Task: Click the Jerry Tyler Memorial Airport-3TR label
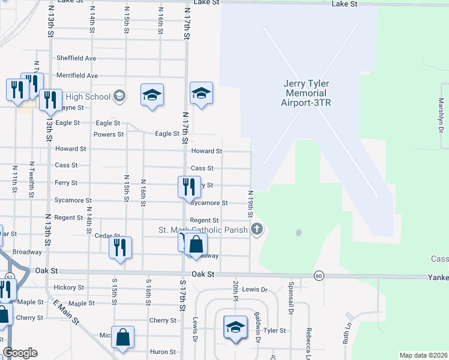307,93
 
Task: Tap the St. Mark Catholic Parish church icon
257,229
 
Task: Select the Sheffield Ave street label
76,58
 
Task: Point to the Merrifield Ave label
77,76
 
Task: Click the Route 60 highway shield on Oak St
318,275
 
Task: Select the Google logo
20,353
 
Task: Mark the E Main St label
67,311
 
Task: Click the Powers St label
109,134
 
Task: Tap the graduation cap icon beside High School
119,96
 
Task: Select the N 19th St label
250,204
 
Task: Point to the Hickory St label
69,288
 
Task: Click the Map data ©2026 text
423,355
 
